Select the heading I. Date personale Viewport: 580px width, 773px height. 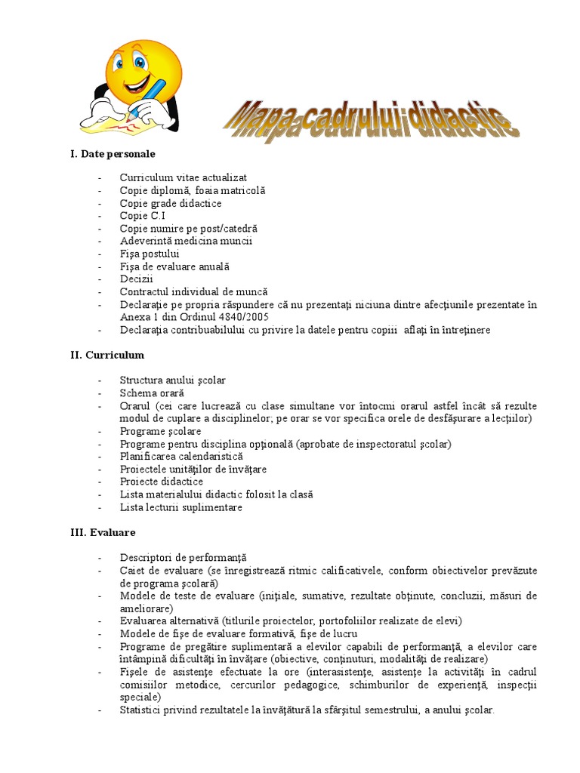point(113,154)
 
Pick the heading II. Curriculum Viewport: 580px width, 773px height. point(107,354)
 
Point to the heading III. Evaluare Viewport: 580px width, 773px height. point(103,532)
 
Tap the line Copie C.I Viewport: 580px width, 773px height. point(142,216)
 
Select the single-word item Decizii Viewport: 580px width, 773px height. point(136,279)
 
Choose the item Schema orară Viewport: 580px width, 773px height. point(152,393)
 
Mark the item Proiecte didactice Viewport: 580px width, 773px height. point(161,482)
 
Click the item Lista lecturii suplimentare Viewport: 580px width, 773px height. point(180,507)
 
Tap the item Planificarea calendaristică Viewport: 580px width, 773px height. point(181,457)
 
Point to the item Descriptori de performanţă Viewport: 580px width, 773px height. point(183,558)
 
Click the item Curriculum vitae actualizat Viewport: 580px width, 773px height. point(183,178)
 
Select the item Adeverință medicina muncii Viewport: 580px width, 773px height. point(185,241)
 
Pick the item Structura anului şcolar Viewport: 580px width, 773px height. point(172,380)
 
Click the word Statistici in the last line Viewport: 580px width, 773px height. point(140,710)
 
